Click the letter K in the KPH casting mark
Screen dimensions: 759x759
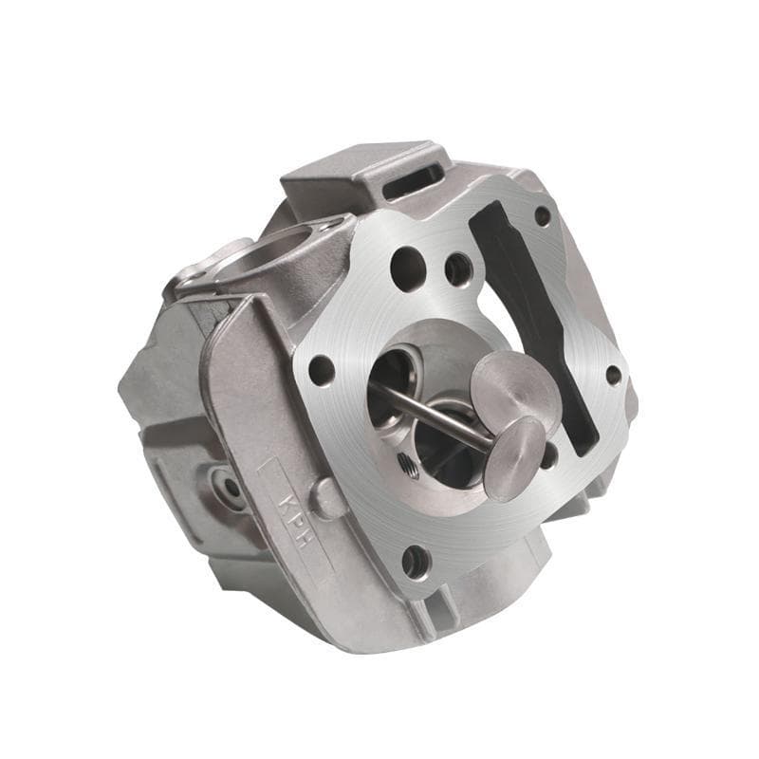pos(287,500)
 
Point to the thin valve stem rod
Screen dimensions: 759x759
pos(435,415)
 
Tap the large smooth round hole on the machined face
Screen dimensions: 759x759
pos(407,269)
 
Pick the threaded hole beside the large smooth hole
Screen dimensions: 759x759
pos(457,269)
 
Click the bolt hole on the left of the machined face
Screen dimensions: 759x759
pos(322,371)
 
